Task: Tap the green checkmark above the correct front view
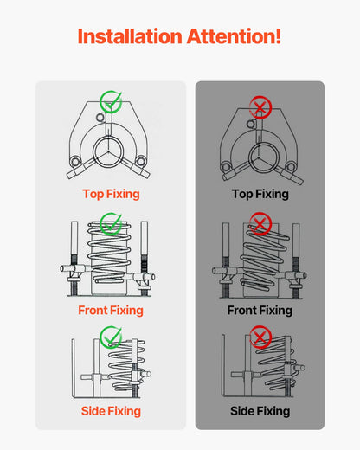110,224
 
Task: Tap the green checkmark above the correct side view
110,337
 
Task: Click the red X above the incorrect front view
260,224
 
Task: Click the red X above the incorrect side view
260,337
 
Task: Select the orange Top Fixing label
111,195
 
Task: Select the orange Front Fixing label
111,310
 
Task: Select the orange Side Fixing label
111,411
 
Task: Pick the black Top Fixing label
260,195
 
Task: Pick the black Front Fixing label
260,310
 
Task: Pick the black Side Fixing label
260,411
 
